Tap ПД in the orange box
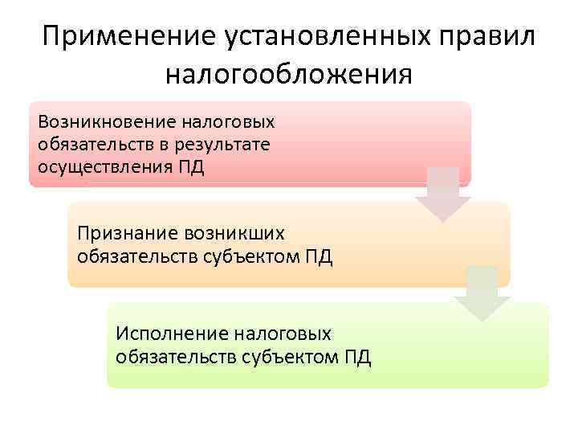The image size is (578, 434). coord(317,256)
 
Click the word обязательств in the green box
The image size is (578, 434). coord(175,357)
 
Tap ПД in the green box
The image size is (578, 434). coord(356,357)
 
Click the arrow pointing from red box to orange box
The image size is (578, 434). coord(442,194)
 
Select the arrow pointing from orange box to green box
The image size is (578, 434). coord(482,294)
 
